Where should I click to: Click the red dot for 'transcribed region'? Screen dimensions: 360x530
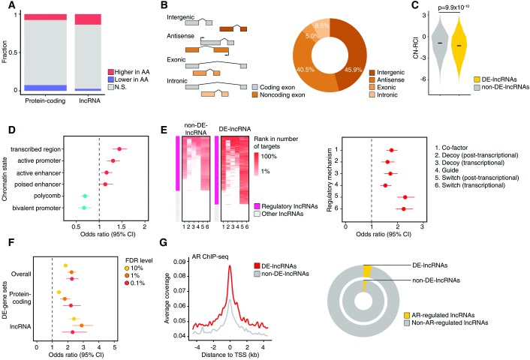(118, 149)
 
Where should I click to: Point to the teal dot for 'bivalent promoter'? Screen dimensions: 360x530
(85, 207)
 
